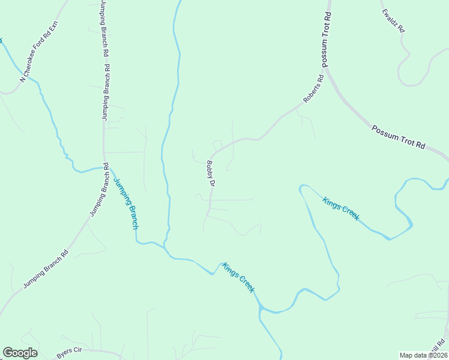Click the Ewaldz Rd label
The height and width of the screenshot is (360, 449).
tap(394, 20)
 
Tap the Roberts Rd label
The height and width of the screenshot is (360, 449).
tap(313, 88)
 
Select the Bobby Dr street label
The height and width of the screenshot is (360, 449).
tap(210, 173)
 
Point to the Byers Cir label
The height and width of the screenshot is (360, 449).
tap(68, 353)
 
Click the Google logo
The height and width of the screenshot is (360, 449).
tap(20, 353)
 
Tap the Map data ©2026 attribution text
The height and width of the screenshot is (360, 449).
tap(424, 355)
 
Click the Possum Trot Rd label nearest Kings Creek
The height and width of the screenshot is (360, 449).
tap(398, 137)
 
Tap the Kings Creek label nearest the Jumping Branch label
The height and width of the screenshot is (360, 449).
tap(238, 277)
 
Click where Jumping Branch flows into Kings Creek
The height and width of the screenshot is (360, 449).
tap(166, 246)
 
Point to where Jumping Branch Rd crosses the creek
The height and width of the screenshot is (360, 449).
tap(106, 167)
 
